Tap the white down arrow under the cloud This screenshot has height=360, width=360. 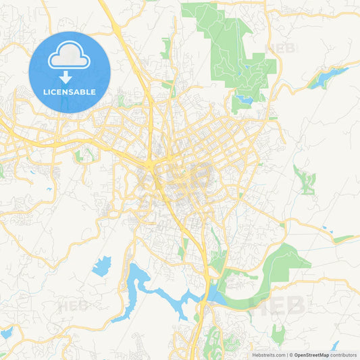pos(70,76)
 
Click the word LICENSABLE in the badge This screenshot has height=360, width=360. pos(70,91)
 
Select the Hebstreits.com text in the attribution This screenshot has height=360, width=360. pos(268,355)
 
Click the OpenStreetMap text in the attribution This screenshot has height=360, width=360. pos(311,355)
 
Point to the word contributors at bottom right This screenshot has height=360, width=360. pos(344,355)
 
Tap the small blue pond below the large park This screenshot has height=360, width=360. pos(244,100)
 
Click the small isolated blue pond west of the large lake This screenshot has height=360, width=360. pos(102,265)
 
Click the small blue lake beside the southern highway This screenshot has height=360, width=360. pos(215,294)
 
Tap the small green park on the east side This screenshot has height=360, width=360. pos(305,180)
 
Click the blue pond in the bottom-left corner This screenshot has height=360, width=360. pos(7,333)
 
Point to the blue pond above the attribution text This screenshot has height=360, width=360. pos(334,346)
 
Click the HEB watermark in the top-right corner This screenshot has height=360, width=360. pos(282,49)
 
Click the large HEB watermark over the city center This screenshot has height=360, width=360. pos(177,177)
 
